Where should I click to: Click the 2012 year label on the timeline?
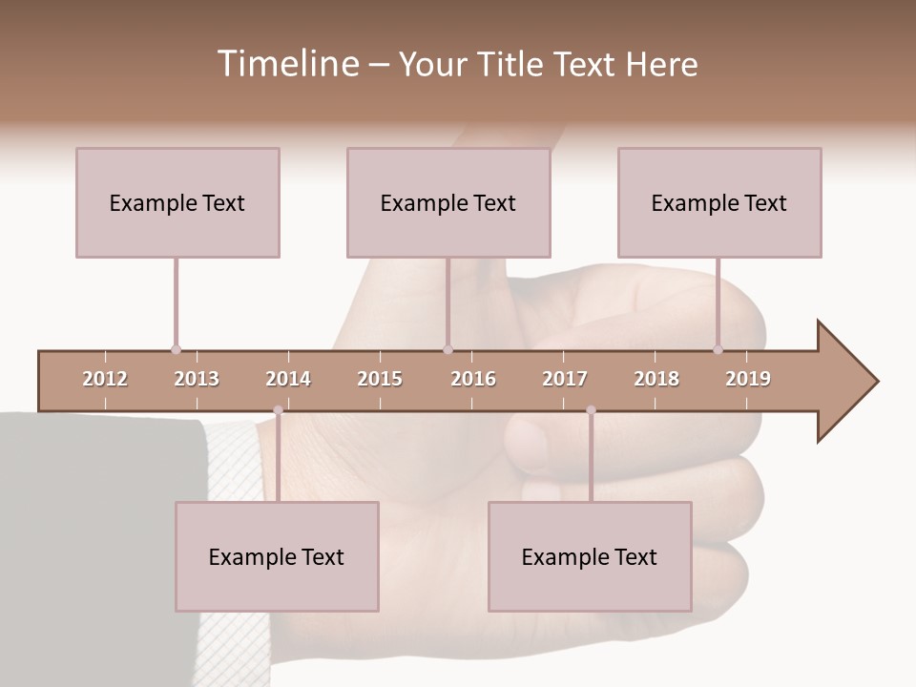(105, 379)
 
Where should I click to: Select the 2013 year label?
(197, 379)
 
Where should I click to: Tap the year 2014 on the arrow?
(288, 379)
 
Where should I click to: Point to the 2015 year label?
(380, 379)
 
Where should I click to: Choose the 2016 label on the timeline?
(473, 379)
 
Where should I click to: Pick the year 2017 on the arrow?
(565, 379)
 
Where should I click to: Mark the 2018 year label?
(656, 379)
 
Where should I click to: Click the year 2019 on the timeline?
(748, 379)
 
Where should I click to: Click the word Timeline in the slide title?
(285, 64)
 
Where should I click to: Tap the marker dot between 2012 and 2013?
(176, 349)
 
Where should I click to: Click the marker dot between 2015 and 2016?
(448, 349)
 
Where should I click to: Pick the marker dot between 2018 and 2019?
(718, 349)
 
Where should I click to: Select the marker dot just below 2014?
(278, 410)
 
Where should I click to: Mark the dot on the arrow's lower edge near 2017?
(591, 410)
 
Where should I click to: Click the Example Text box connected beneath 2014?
(277, 557)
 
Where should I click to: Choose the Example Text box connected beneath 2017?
(590, 557)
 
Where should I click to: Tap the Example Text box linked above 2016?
(448, 202)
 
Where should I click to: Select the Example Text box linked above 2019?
(719, 202)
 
